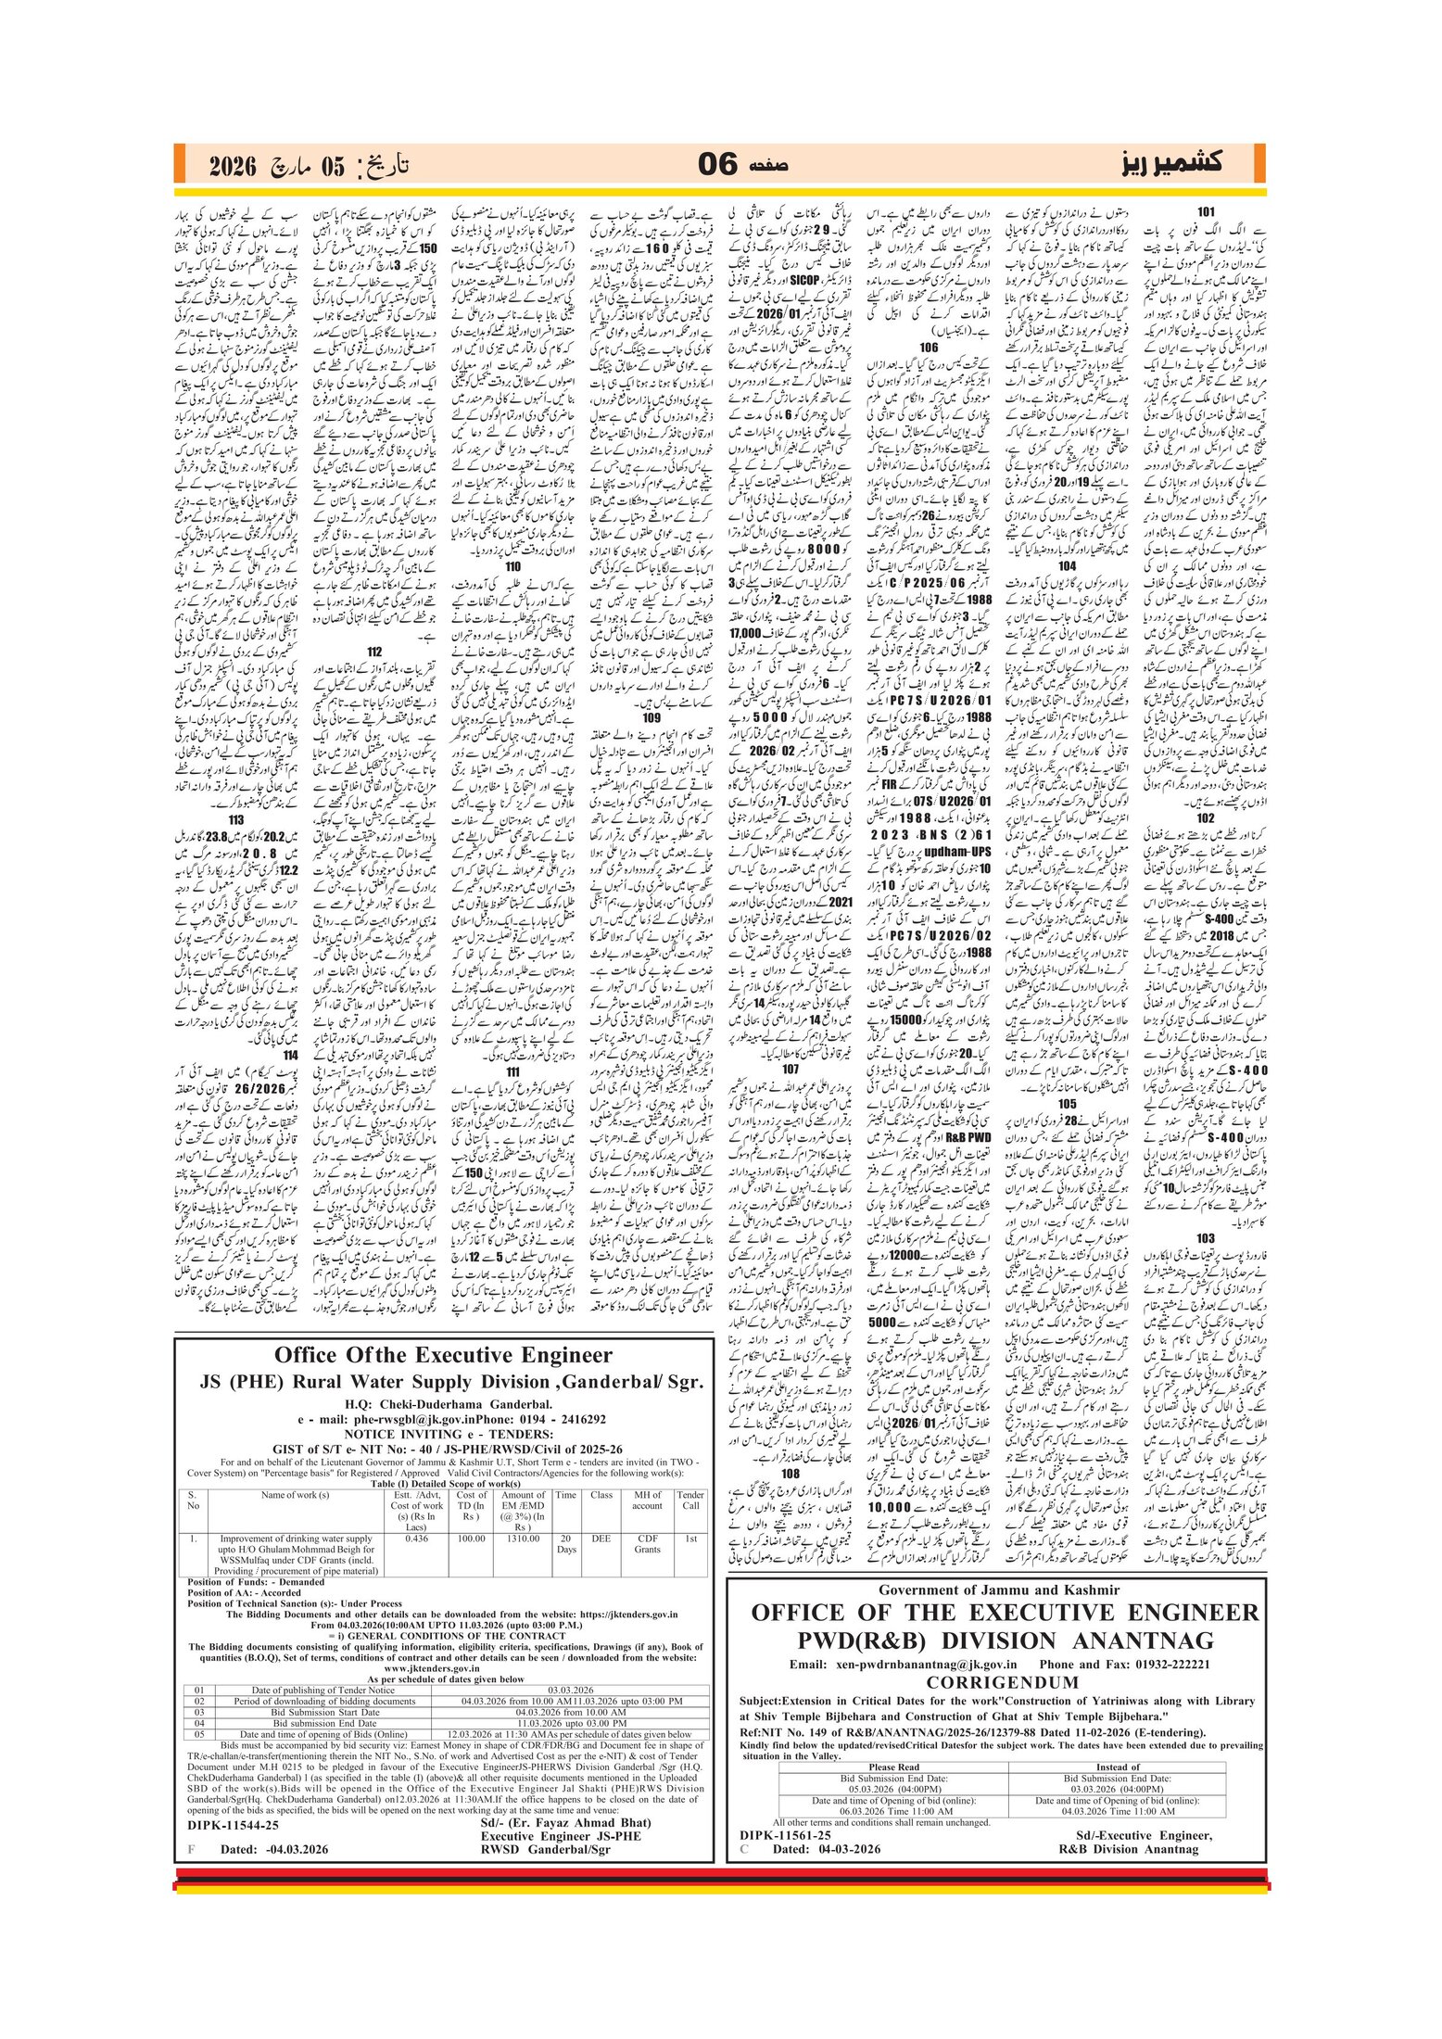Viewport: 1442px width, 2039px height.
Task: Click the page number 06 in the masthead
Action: pyautogui.click(x=716, y=165)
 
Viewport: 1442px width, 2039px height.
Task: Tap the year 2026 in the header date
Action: pyautogui.click(x=232, y=167)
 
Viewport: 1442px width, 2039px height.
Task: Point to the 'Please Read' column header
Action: pyautogui.click(x=893, y=1767)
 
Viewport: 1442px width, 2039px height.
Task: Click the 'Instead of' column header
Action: pyautogui.click(x=1117, y=1767)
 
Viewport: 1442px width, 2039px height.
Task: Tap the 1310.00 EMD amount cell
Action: pyautogui.click(x=523, y=1539)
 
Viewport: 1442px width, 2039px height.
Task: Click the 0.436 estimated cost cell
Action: pyautogui.click(x=417, y=1539)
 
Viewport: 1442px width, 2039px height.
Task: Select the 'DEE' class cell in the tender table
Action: pyautogui.click(x=601, y=1539)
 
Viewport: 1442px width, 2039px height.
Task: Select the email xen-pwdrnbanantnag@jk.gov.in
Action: pyautogui.click(x=912, y=1664)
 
